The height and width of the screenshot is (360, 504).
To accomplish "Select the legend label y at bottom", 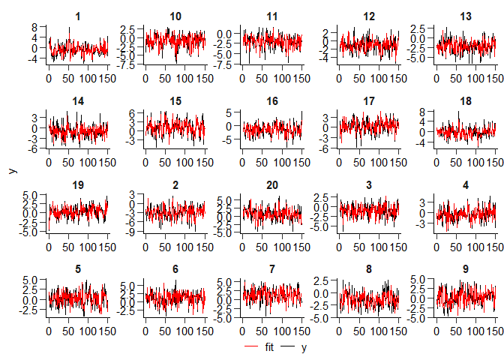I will tap(304, 348).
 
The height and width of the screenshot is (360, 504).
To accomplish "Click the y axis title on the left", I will tap(12, 171).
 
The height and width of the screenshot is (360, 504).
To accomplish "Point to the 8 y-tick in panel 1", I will tap(34, 27).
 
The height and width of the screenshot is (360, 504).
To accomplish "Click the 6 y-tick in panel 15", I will tap(130, 113).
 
